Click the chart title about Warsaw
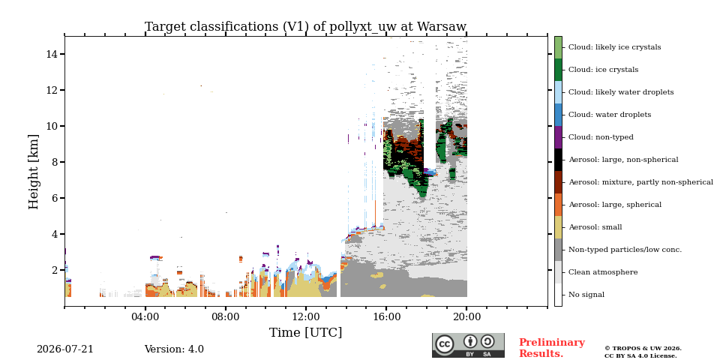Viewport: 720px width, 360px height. [x=305, y=27]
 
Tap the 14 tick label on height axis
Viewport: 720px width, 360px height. [x=52, y=54]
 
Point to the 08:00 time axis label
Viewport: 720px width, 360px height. [x=226, y=317]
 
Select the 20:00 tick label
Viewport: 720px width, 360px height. [x=467, y=317]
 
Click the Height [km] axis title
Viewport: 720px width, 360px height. [x=34, y=172]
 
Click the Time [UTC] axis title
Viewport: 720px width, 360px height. [x=305, y=332]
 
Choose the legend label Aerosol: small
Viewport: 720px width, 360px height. [x=595, y=227]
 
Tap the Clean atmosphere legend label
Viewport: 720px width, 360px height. [x=603, y=272]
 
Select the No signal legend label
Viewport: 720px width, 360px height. [x=586, y=295]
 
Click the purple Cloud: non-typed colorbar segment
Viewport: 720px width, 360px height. [x=558, y=137]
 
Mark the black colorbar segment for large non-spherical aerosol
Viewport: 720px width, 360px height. [x=558, y=160]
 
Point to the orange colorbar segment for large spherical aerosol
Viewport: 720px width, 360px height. [x=558, y=205]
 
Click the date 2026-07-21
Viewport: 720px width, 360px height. [x=64, y=349]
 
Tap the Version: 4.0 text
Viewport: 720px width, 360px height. [x=174, y=349]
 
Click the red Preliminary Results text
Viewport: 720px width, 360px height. [x=552, y=348]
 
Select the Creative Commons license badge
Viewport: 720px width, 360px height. [x=468, y=345]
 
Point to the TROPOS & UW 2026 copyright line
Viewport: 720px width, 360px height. [x=643, y=349]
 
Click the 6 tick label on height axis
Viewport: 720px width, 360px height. [x=55, y=198]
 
